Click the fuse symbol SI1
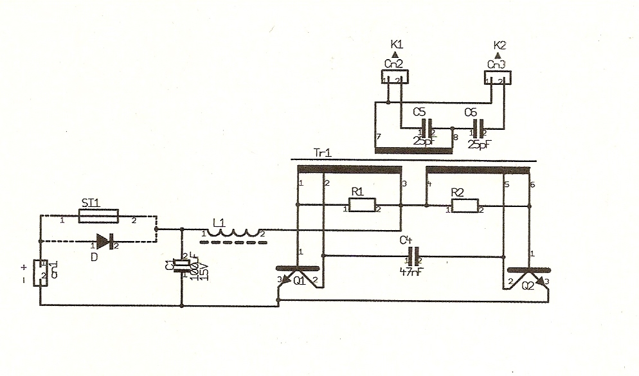(98, 217)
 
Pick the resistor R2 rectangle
(465, 206)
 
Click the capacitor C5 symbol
(424, 127)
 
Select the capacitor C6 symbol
(477, 127)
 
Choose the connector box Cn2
(393, 77)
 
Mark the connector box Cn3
(497, 77)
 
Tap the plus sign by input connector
(24, 266)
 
